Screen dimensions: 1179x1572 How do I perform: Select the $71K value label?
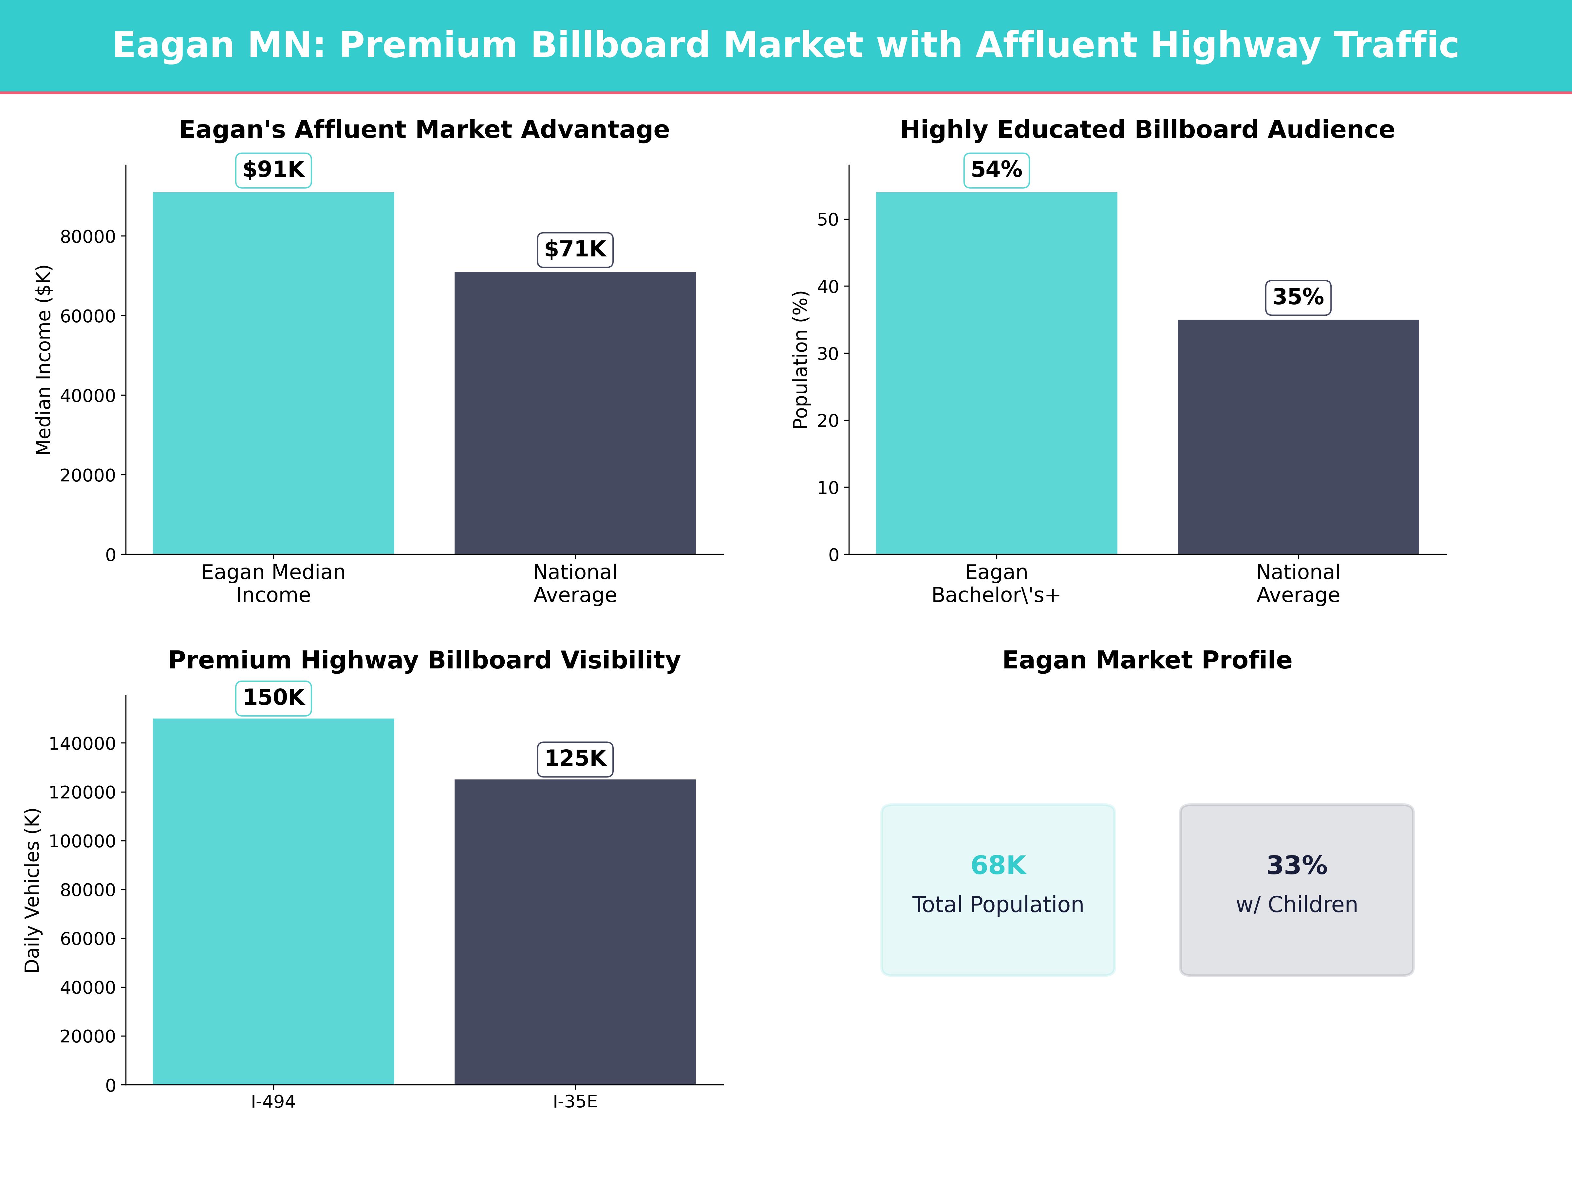pyautogui.click(x=575, y=250)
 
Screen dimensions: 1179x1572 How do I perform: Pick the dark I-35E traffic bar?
pyautogui.click(x=575, y=932)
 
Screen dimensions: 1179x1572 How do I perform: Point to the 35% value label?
pyautogui.click(x=1298, y=297)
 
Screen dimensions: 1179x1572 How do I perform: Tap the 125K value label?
pyautogui.click(x=575, y=759)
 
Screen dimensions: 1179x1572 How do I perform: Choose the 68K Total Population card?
pyautogui.click(x=998, y=890)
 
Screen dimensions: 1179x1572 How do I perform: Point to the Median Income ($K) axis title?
pyautogui.click(x=43, y=360)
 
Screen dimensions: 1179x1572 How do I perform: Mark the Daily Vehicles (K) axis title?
pyautogui.click(x=32, y=890)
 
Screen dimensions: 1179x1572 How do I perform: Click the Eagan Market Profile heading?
pyautogui.click(x=1147, y=660)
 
